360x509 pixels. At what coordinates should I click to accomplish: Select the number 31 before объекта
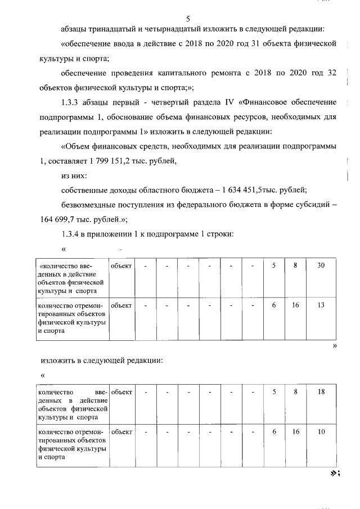(x=270, y=44)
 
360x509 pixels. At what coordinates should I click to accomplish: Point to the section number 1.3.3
(x=71, y=102)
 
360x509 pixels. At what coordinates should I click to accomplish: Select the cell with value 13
(x=321, y=305)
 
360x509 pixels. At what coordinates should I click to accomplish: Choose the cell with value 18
(x=321, y=391)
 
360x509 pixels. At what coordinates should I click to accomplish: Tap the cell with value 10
(x=321, y=432)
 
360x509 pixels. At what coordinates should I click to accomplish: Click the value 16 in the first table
(x=295, y=305)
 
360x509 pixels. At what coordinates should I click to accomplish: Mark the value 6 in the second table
(x=274, y=432)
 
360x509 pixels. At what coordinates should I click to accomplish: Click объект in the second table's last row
(x=121, y=432)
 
